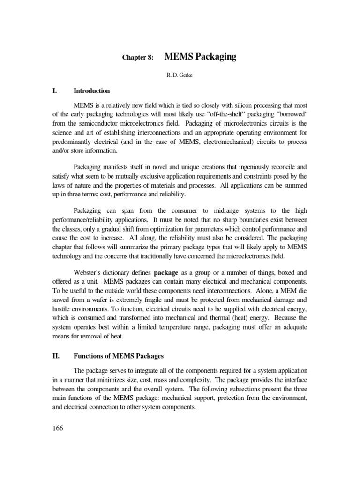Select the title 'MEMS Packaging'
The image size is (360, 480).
[x=201, y=57]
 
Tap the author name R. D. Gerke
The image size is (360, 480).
[x=180, y=75]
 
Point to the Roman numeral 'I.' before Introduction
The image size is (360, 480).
[x=54, y=91]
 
